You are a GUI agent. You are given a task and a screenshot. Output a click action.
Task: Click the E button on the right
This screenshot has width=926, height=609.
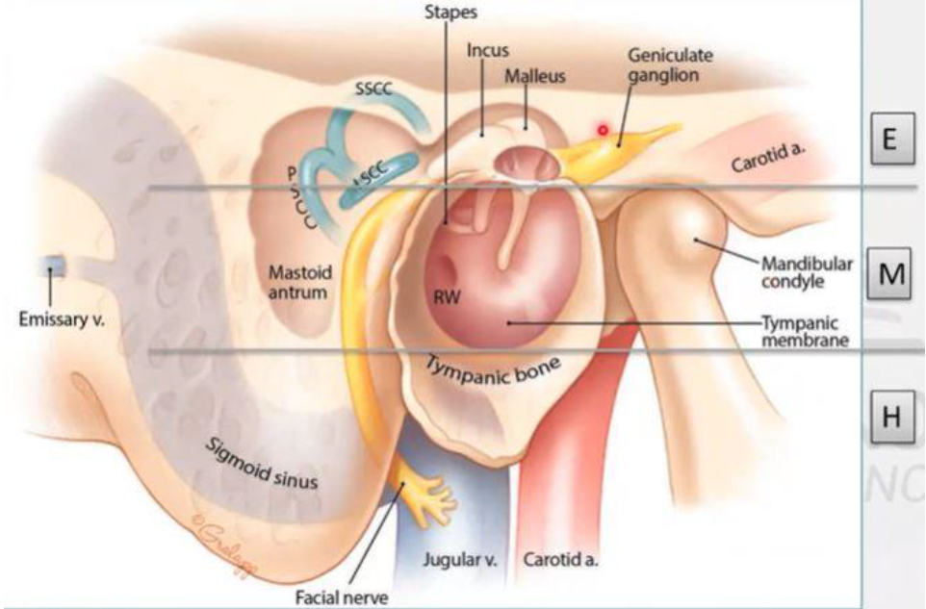click(889, 138)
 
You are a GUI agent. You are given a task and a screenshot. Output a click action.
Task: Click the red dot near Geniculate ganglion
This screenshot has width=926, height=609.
click(604, 129)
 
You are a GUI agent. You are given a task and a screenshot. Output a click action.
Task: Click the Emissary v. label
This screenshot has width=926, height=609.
click(61, 319)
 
